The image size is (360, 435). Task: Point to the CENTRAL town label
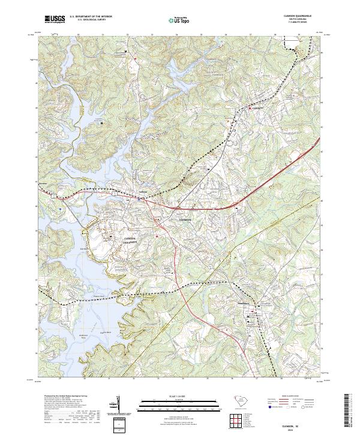coord(257,109)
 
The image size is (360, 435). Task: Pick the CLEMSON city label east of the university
coord(185,220)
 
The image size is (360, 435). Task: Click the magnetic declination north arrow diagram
coord(118,408)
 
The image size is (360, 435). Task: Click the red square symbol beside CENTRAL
coord(251,109)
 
